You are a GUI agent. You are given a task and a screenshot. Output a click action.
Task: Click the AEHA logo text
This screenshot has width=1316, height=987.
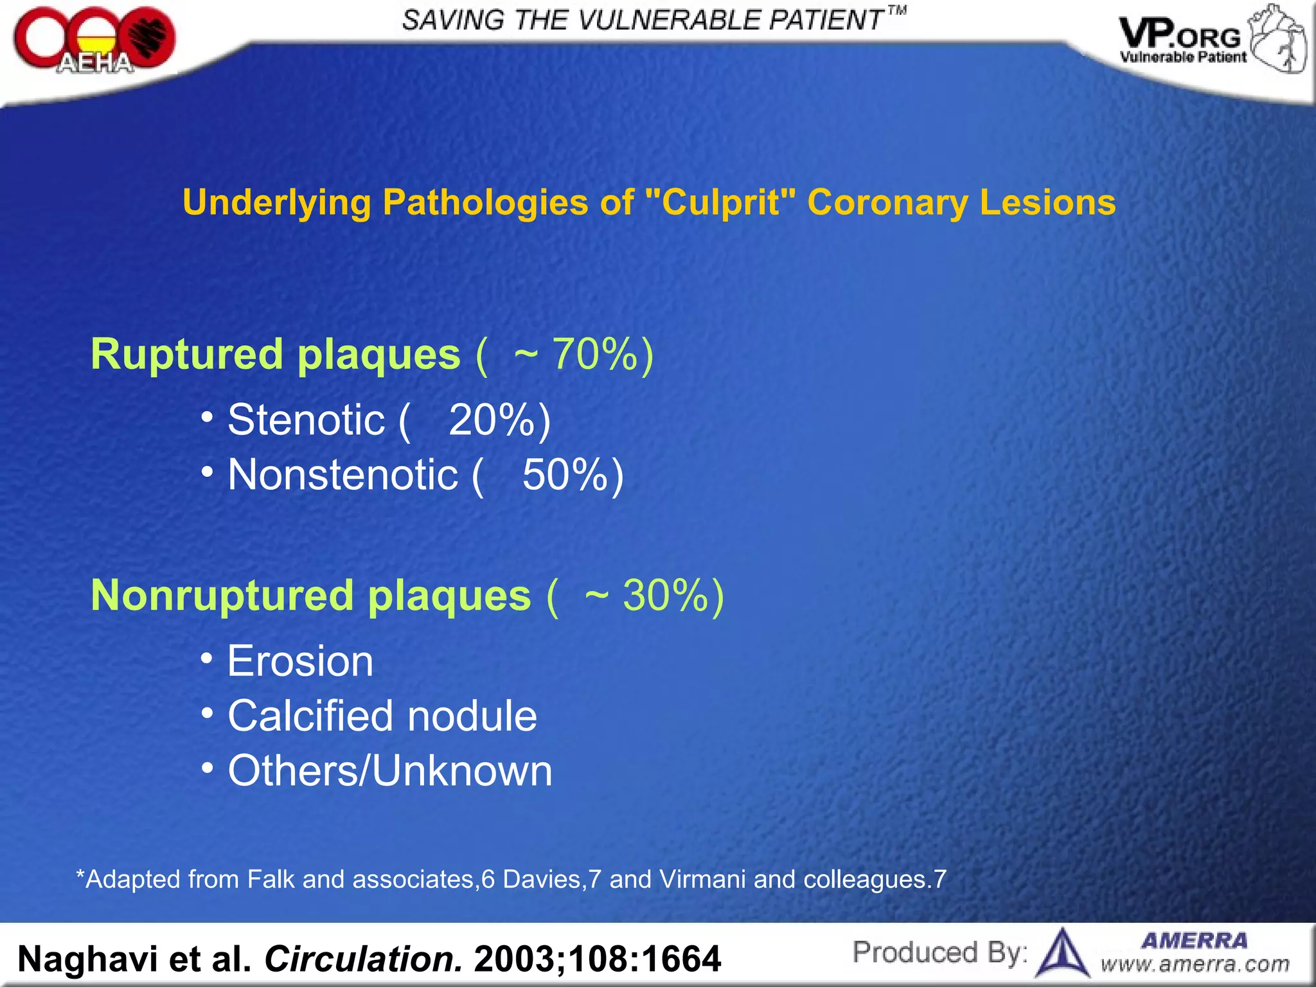(x=95, y=63)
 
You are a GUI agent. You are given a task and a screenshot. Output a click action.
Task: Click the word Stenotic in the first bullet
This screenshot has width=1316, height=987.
(x=306, y=420)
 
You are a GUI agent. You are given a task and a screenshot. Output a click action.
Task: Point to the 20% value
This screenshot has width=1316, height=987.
(x=492, y=420)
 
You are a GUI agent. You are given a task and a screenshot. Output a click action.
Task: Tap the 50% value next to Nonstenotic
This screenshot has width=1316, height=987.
(x=565, y=475)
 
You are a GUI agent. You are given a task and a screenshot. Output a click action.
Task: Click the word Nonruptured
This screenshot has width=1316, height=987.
(x=222, y=595)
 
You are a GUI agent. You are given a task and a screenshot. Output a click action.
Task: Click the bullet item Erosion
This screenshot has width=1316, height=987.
(x=300, y=661)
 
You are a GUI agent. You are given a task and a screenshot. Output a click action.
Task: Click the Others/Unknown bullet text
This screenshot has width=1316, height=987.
(x=390, y=770)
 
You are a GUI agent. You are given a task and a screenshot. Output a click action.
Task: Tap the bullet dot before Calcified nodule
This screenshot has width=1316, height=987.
(x=207, y=713)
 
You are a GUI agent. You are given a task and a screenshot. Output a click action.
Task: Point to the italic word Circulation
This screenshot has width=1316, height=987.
(x=363, y=959)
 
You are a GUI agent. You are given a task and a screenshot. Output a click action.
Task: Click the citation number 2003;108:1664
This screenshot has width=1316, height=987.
(x=597, y=959)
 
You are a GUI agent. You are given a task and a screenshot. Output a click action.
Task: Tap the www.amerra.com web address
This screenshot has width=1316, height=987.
(x=1195, y=965)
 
